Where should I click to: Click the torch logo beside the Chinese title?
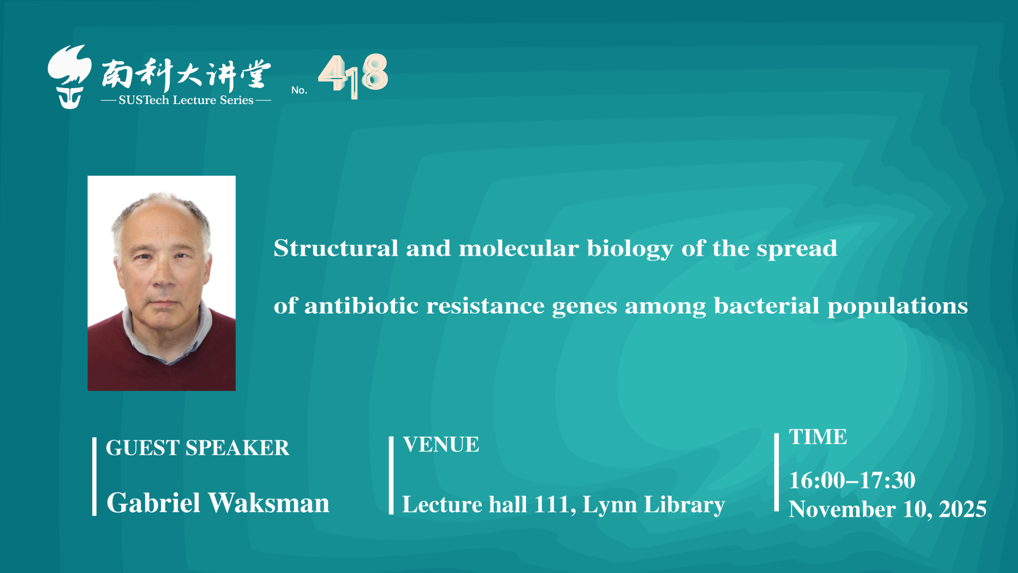[x=69, y=77]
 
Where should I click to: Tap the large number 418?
[x=353, y=76]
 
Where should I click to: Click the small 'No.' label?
[x=299, y=90]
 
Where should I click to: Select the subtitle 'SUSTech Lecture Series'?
[x=186, y=100]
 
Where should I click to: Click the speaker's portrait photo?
[x=162, y=283]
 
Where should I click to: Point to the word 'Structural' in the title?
[x=336, y=248]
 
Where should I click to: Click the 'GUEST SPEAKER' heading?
[x=197, y=448]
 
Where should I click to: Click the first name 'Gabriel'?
[x=153, y=503]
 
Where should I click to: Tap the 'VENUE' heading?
[x=441, y=445]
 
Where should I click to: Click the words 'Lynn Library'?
[x=654, y=505]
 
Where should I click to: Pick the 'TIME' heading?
[x=818, y=437]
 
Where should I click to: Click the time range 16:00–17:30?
[x=852, y=481]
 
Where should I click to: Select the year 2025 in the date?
[x=963, y=509]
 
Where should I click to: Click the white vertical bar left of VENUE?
[x=391, y=475]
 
